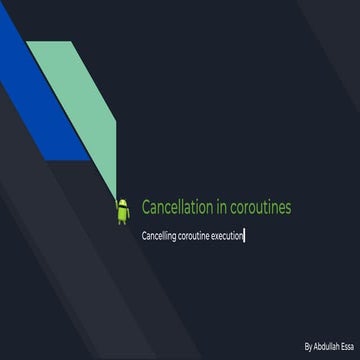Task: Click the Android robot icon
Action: (123, 211)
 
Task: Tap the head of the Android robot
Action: (123, 203)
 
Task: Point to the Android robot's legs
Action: (123, 219)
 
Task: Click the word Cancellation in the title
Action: (176, 208)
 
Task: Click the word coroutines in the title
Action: (260, 208)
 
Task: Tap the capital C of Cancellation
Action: (146, 208)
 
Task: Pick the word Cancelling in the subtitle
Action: (160, 236)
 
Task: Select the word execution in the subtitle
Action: (228, 236)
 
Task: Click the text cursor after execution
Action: (245, 236)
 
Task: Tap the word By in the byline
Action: (309, 345)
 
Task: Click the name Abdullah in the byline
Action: (326, 345)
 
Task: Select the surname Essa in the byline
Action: (346, 345)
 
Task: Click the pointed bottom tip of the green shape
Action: (119, 196)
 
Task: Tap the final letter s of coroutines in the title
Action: (288, 208)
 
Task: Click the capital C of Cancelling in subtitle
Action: (145, 236)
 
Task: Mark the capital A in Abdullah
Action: (316, 345)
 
